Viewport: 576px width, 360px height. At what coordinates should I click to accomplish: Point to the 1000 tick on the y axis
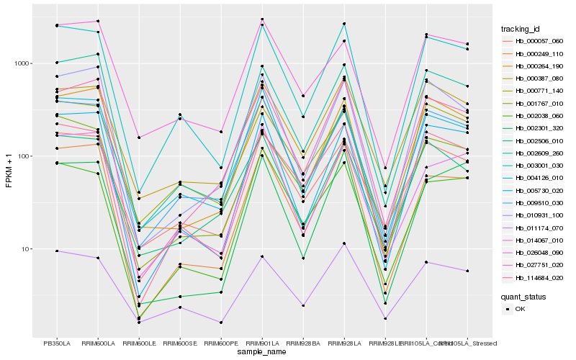21,63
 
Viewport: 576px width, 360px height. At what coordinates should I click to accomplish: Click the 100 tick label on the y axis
23,156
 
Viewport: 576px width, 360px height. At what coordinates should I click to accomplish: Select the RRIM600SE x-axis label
179,343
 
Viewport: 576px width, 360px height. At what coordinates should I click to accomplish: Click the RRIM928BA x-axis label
303,343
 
